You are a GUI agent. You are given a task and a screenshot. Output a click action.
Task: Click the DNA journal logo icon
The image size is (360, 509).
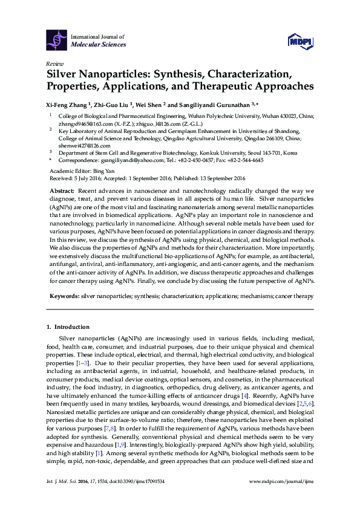coord(56,40)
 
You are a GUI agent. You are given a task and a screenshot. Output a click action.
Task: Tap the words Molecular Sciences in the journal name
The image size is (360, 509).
coord(99,45)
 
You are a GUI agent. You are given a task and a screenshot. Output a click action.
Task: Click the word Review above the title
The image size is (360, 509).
coord(54,63)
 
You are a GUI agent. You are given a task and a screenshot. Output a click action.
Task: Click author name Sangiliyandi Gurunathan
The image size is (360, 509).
coord(215,103)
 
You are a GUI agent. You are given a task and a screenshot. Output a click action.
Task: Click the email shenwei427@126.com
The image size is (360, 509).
coord(82,146)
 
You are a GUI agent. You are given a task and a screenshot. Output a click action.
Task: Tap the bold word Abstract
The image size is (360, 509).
coord(62,190)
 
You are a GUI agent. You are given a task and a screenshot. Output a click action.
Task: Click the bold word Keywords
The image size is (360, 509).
coord(64,297)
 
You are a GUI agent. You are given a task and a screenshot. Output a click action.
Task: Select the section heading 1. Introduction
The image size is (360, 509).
coord(68,327)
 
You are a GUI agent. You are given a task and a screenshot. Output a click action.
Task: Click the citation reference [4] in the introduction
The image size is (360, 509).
coord(244,395)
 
